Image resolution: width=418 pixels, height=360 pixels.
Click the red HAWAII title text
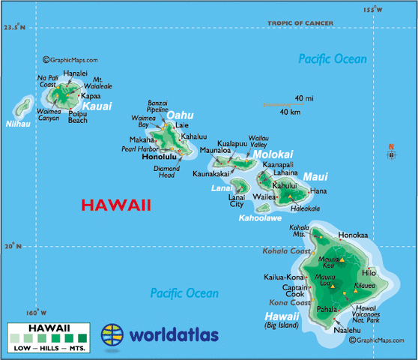pyautogui.click(x=116, y=205)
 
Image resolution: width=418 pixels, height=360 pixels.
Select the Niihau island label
pyautogui.click(x=17, y=124)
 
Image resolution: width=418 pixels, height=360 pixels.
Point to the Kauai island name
pyautogui.click(x=97, y=106)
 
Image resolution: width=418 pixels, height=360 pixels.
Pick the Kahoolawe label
pyautogui.click(x=259, y=219)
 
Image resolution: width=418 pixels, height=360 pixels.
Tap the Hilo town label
pyautogui.click(x=369, y=273)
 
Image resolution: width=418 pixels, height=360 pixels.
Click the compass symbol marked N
pyautogui.click(x=391, y=154)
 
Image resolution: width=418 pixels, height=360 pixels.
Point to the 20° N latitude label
pyautogui.click(x=13, y=245)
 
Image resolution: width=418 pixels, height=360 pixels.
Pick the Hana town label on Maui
pyautogui.click(x=318, y=191)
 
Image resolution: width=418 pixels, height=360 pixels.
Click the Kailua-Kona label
pyautogui.click(x=283, y=277)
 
